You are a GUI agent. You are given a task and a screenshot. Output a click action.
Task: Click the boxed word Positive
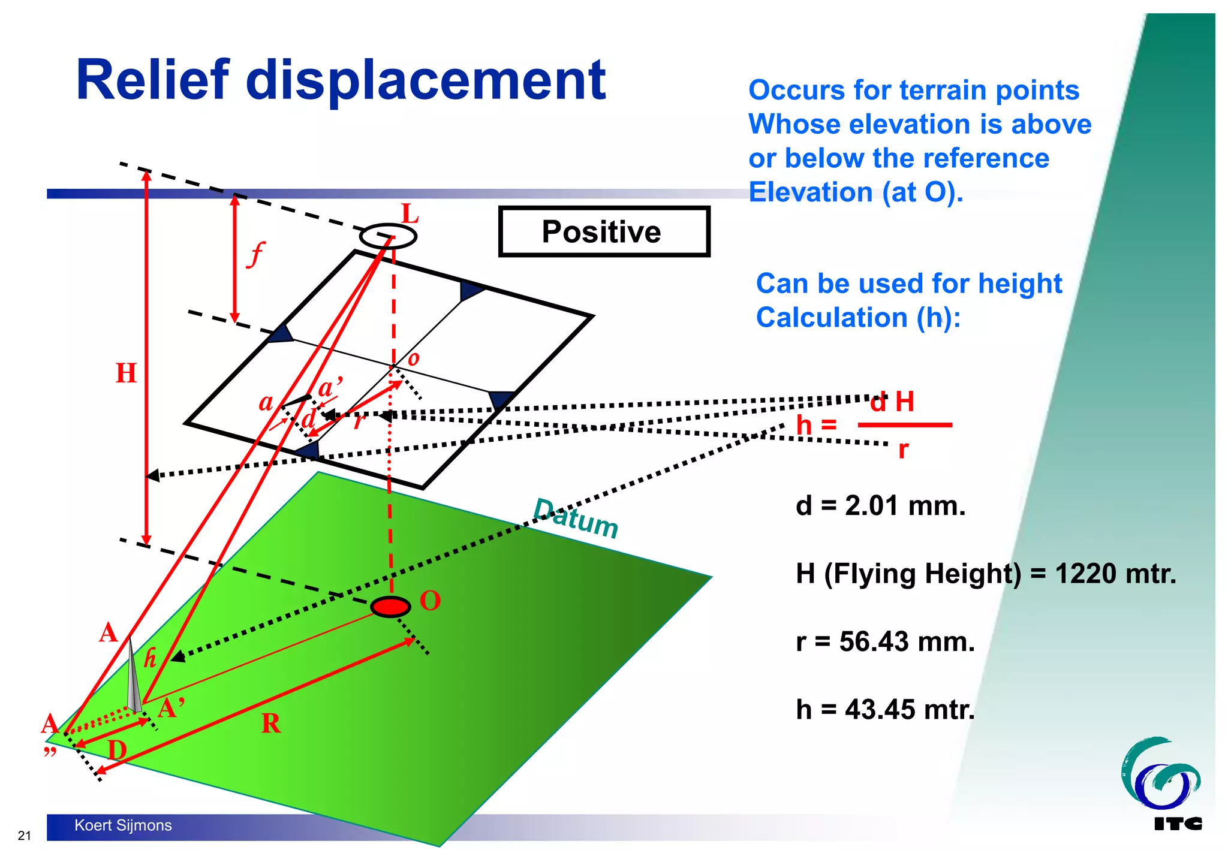(x=601, y=232)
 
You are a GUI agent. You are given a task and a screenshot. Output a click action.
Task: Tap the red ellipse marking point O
(x=390, y=607)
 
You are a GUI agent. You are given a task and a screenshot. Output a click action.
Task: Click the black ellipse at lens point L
(x=388, y=236)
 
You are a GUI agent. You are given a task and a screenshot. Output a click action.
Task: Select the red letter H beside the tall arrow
(x=126, y=373)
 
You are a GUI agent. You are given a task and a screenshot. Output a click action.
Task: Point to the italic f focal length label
(x=255, y=254)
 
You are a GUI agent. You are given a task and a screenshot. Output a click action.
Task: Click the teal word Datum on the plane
(x=575, y=519)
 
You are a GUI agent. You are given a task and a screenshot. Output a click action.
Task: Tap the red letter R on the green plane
(x=271, y=724)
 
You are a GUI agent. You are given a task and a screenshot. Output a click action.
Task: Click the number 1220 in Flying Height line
(x=1081, y=574)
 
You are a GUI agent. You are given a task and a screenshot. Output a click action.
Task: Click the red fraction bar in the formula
(x=904, y=425)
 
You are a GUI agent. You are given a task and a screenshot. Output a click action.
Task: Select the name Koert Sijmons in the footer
(x=123, y=825)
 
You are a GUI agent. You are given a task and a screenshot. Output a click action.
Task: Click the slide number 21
(x=24, y=836)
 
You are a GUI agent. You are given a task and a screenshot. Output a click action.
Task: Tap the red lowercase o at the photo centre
(x=413, y=360)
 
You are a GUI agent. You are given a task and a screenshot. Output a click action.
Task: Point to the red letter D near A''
(x=118, y=750)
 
